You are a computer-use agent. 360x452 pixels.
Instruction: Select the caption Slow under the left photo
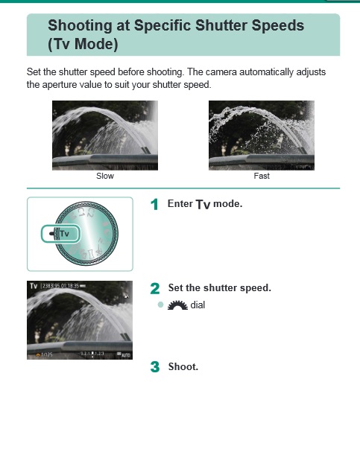click(105, 176)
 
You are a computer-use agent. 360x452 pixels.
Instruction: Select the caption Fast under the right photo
click(262, 176)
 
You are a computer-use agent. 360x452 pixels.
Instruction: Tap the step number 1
click(154, 204)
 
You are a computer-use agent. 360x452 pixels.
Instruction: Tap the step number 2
click(155, 288)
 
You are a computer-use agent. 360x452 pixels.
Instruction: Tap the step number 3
click(155, 366)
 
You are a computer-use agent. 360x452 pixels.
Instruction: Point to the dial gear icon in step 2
click(176, 305)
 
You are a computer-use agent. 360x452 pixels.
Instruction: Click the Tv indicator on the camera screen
click(34, 285)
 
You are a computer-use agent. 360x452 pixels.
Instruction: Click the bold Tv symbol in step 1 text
click(203, 204)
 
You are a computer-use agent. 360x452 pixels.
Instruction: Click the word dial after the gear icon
click(198, 305)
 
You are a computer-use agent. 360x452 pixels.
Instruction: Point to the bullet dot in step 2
click(160, 305)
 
